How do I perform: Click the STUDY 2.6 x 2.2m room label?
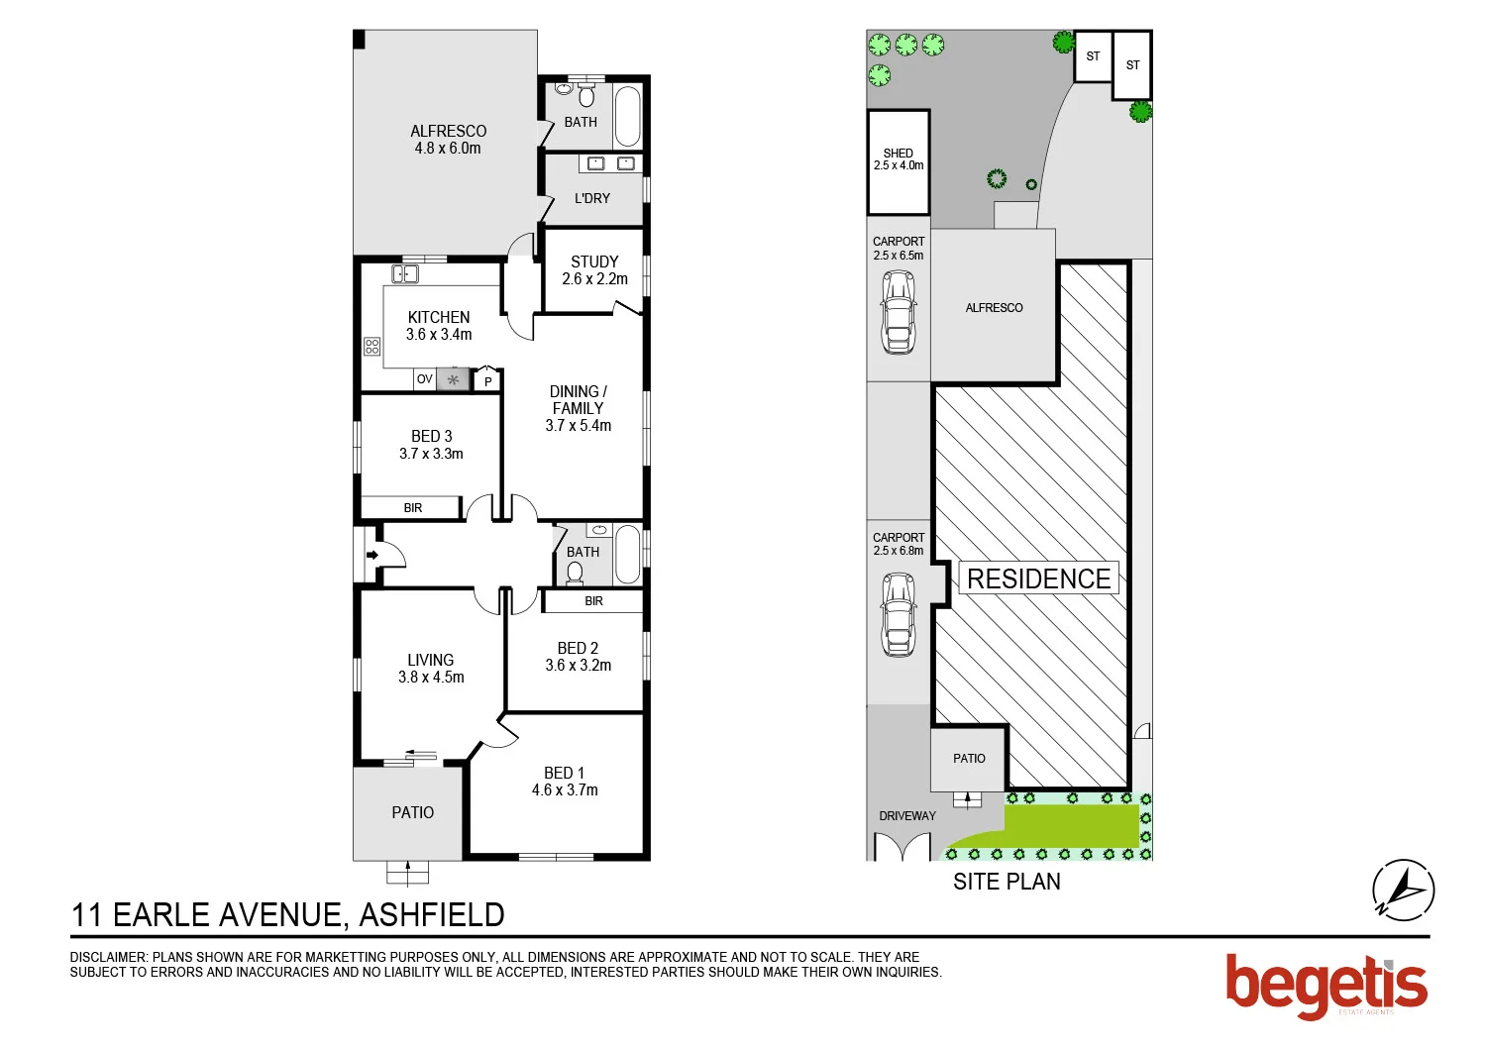594,270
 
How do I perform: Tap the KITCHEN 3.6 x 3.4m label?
439,326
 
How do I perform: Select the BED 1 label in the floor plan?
565,782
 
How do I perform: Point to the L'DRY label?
592,198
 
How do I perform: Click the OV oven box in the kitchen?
424,379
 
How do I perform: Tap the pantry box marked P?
487,380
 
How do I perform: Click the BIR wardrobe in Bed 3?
412,508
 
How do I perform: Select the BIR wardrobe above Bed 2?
593,601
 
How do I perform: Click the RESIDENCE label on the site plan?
1038,578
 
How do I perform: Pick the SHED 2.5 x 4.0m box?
899,161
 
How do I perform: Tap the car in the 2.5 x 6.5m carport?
899,312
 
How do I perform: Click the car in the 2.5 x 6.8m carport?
899,614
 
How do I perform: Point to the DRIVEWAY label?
907,816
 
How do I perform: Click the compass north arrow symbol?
1403,890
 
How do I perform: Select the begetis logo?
1327,985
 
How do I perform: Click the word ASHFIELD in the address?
432,915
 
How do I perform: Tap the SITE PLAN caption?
1007,882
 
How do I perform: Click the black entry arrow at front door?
371,555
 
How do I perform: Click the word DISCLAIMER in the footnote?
108,957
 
